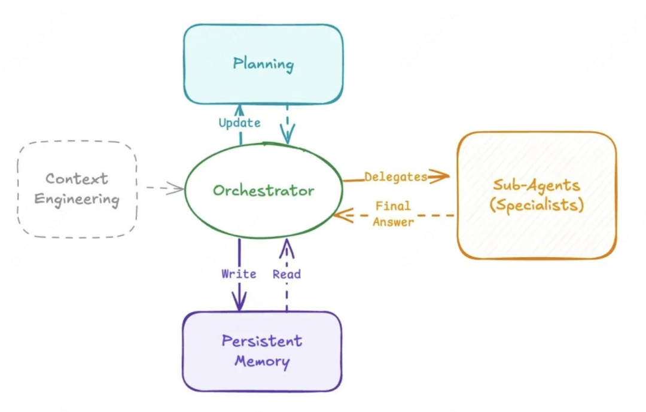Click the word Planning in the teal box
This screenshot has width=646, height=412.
pos(263,63)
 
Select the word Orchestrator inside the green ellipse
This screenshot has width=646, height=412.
pos(263,191)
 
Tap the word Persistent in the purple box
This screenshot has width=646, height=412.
pos(262,341)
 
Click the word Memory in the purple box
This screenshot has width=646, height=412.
pos(262,362)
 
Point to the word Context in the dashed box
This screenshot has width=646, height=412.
pos(77,179)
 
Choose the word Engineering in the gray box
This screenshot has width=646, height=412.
pos(77,199)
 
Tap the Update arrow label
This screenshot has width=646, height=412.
pos(239,123)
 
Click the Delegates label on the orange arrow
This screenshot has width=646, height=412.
pos(395,177)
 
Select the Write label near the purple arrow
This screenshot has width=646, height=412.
pos(239,274)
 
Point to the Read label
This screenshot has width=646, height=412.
pos(287,274)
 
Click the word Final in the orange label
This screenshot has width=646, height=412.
pos(393,206)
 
